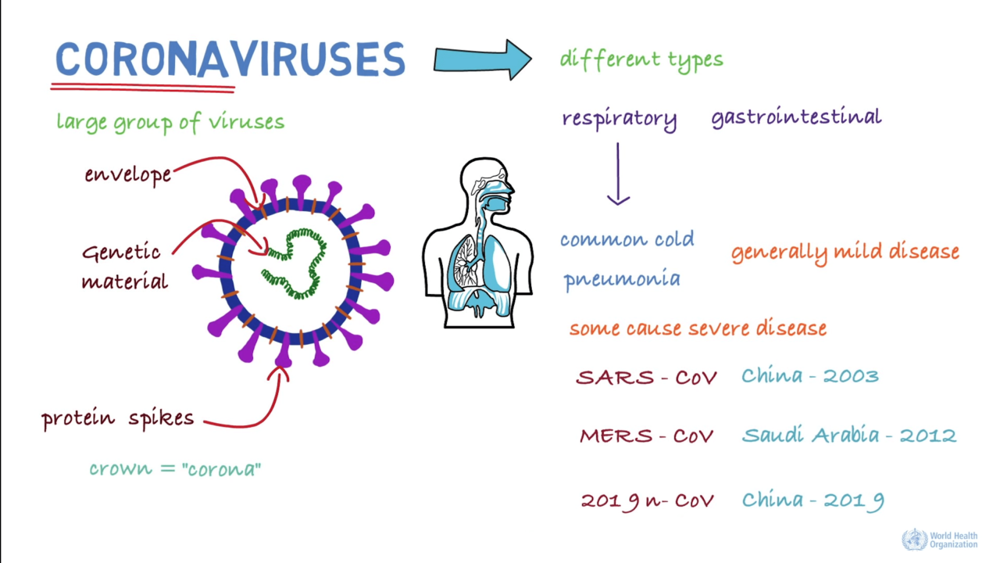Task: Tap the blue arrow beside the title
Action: [x=482, y=59]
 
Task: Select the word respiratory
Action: [x=620, y=119]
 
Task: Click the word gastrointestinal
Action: [x=796, y=117]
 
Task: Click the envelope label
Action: [x=128, y=174]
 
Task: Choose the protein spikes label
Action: [x=118, y=418]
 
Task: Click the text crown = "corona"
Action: [x=175, y=468]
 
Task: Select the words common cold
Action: [x=627, y=239]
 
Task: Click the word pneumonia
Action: [x=622, y=279]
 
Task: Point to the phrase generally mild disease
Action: [x=845, y=253]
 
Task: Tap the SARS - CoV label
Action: [x=646, y=377]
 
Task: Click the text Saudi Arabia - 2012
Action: [x=848, y=436]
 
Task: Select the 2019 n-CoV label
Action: [x=647, y=500]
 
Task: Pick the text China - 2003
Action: [x=809, y=376]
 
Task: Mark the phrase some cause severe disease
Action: [x=698, y=328]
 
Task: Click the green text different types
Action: [x=641, y=59]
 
